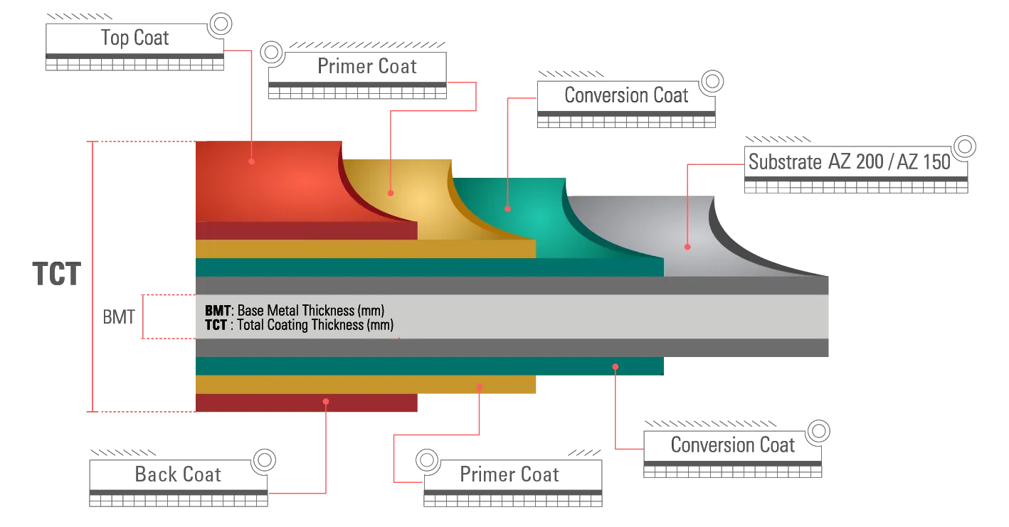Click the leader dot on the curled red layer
252,161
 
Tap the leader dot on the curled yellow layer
390,193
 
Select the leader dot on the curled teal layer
508,209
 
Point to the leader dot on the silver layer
688,247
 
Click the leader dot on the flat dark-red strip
326,401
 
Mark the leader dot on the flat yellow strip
480,387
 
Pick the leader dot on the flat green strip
616,366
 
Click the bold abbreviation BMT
217,311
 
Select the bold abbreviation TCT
216,325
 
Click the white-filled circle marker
427,460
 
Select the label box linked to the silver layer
847,161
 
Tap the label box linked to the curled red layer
135,38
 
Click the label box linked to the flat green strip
733,446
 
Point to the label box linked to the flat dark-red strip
176,474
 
